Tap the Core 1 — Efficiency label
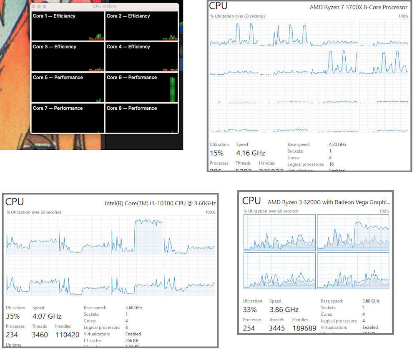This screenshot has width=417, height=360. point(54,16)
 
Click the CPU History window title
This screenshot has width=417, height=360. point(104,6)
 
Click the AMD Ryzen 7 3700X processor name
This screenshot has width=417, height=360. point(358,7)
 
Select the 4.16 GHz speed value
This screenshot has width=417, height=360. point(251,153)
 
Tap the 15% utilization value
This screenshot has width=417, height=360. point(216,153)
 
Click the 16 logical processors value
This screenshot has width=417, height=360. point(331,164)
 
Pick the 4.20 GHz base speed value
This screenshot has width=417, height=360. point(337,144)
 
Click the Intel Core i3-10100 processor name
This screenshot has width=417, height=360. point(160,203)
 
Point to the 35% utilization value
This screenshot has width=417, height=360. point(13,316)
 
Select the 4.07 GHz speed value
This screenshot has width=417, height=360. point(47,316)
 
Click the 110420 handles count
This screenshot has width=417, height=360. point(67,335)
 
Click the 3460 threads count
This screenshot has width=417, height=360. point(40,335)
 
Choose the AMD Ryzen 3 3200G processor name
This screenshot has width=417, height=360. point(329,202)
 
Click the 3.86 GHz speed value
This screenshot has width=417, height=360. point(284,310)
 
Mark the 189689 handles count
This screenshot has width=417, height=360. point(304,328)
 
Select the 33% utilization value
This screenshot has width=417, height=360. point(250,310)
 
